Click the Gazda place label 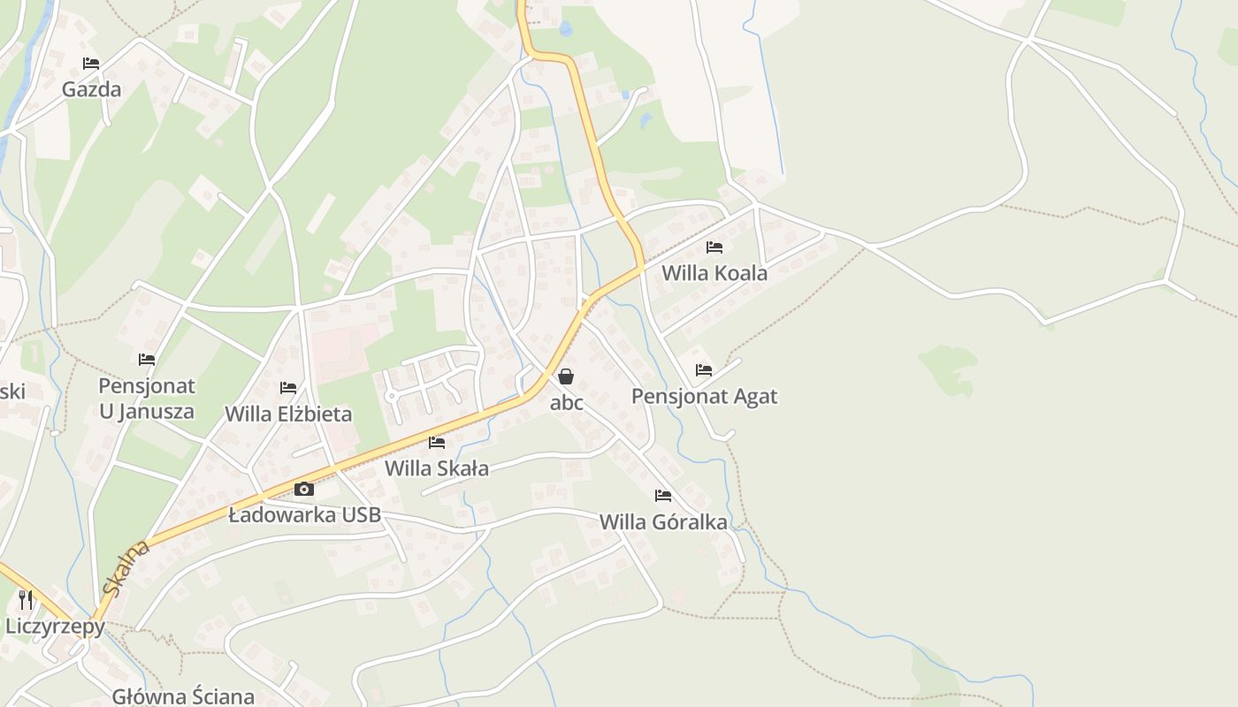tap(91, 89)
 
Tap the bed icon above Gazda tap(91, 64)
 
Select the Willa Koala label tap(715, 273)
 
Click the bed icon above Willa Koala tap(715, 247)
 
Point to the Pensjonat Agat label tap(704, 396)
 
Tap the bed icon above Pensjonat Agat tap(704, 370)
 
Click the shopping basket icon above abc tap(566, 376)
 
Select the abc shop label tap(567, 403)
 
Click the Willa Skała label tap(437, 468)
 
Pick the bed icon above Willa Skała tap(437, 443)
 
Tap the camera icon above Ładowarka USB tap(304, 489)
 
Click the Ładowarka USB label tap(304, 514)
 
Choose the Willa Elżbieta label tap(288, 414)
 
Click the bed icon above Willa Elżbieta tap(288, 388)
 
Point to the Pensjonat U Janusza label tap(147, 399)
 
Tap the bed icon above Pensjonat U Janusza tap(147, 360)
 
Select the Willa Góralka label tap(663, 521)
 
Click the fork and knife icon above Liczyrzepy tap(26, 601)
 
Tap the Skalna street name tap(126, 568)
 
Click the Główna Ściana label tap(183, 696)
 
